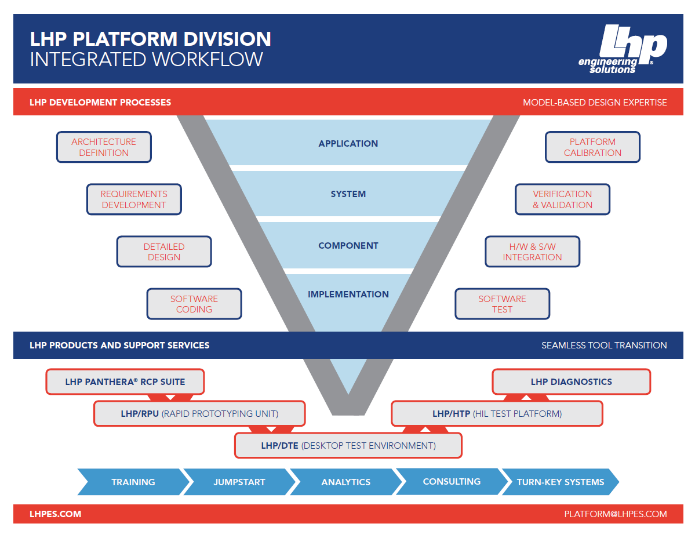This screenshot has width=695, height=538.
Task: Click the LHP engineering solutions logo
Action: (623, 49)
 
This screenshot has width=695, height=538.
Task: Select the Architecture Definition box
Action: (104, 147)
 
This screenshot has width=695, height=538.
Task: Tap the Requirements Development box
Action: (134, 199)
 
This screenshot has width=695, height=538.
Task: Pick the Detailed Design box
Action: (164, 252)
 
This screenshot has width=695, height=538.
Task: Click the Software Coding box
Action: (194, 304)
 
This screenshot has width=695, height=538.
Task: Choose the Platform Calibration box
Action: (592, 147)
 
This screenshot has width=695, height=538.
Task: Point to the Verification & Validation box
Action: (562, 199)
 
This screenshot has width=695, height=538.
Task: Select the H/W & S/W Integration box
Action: (532, 252)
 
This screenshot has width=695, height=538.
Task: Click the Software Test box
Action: (502, 304)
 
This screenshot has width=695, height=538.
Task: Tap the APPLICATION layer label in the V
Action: (348, 144)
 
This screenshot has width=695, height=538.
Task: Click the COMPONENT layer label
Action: (348, 246)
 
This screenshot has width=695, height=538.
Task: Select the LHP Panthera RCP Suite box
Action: (125, 382)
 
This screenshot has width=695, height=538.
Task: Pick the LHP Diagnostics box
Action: (571, 382)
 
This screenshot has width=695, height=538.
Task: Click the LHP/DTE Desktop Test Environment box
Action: (348, 446)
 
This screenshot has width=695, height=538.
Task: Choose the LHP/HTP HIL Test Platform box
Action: (497, 414)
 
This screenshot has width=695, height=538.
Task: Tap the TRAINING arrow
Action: (133, 482)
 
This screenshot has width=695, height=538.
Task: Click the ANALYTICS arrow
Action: (346, 482)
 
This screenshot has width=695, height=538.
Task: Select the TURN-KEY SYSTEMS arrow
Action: (560, 482)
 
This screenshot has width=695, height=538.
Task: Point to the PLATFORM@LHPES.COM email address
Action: (615, 514)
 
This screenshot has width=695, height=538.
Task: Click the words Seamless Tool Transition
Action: (604, 346)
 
